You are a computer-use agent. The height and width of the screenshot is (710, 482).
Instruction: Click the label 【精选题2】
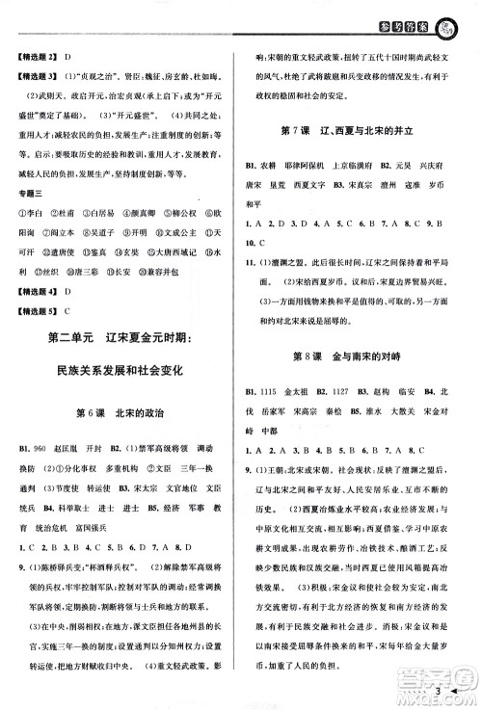pos(40,60)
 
